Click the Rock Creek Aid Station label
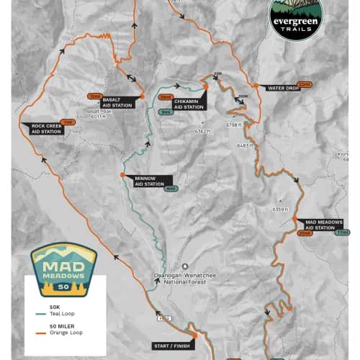point(46,128)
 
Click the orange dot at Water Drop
point(256,85)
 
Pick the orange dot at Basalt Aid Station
point(142,95)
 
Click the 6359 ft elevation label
point(280,209)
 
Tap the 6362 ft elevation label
point(202,131)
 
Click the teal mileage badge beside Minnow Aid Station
point(171,189)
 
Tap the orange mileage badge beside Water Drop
point(305,84)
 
